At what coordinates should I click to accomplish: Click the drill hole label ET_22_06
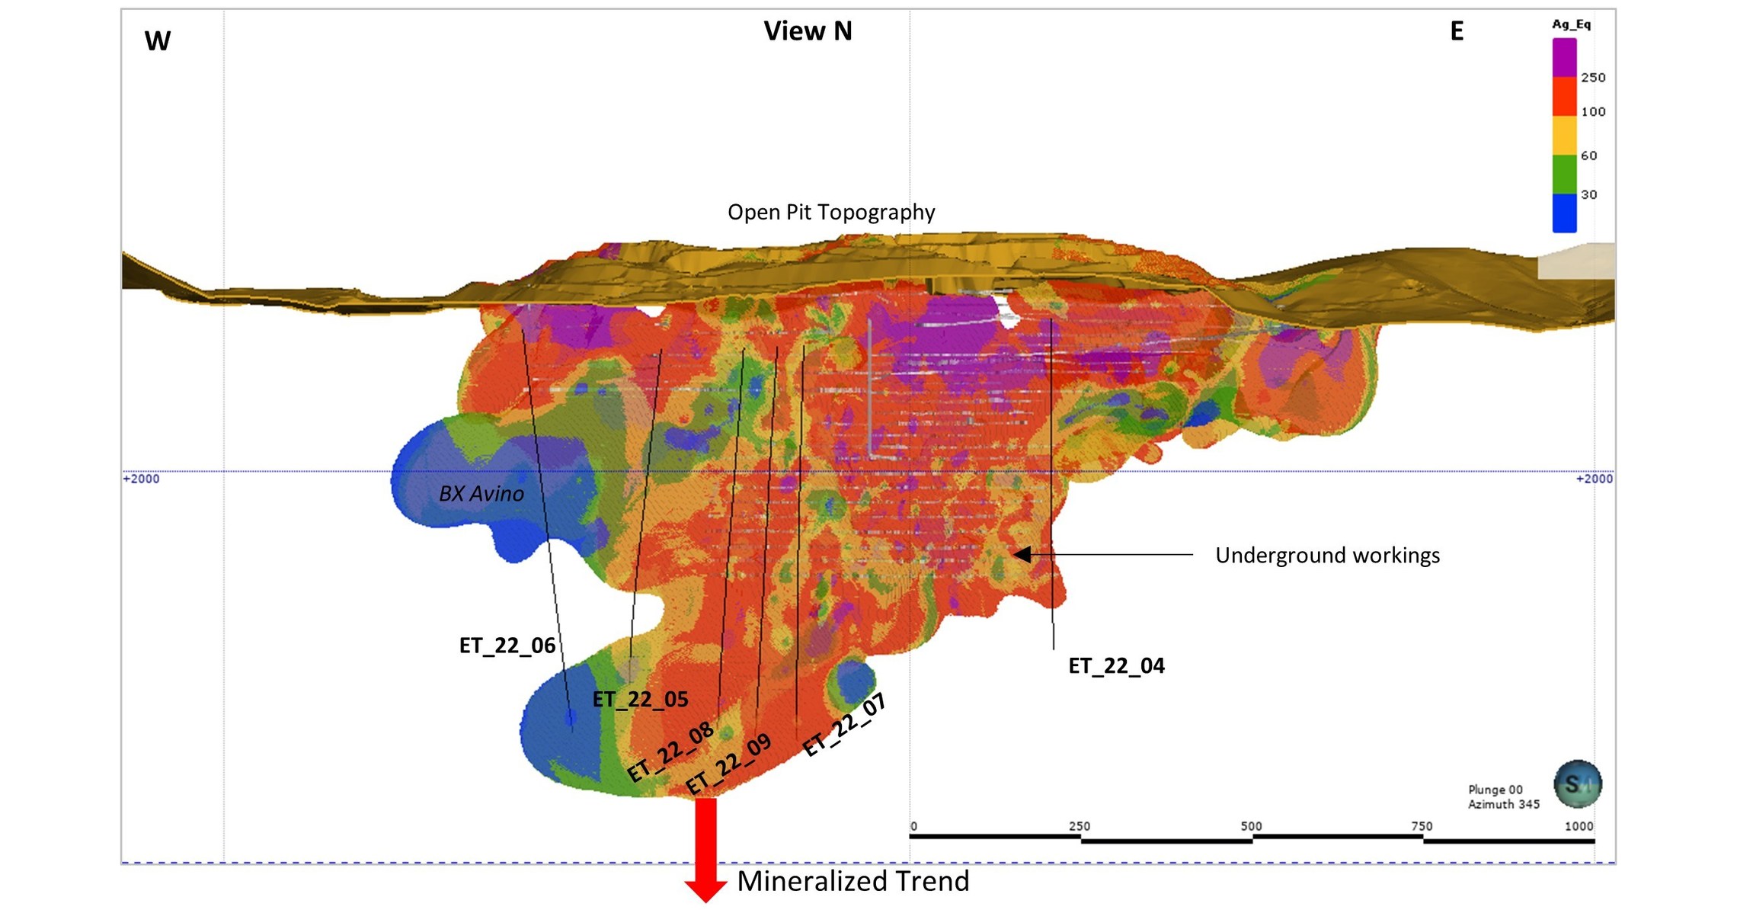tap(507, 646)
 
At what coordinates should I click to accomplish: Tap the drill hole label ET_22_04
tap(1116, 665)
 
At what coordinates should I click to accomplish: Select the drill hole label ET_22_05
tap(640, 699)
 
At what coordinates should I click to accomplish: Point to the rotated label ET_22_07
tap(845, 725)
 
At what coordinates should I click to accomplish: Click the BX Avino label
tap(481, 494)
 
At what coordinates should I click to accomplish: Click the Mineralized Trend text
tap(853, 881)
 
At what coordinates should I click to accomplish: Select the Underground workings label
tap(1327, 555)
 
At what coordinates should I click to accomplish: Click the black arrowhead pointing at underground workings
tap(1022, 554)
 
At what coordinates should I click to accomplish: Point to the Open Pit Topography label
tap(831, 212)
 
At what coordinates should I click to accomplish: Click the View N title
tap(808, 31)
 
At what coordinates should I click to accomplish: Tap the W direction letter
tap(157, 40)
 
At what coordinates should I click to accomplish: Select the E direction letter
tap(1457, 31)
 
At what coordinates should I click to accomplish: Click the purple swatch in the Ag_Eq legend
tap(1564, 57)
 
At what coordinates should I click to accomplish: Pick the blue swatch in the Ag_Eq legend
tap(1564, 213)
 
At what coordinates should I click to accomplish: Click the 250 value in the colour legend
tap(1593, 78)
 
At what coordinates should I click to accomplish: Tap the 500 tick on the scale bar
tap(1251, 827)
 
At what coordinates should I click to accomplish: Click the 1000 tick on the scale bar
tap(1579, 827)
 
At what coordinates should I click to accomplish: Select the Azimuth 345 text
tap(1504, 804)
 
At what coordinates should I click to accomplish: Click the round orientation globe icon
tap(1578, 783)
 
